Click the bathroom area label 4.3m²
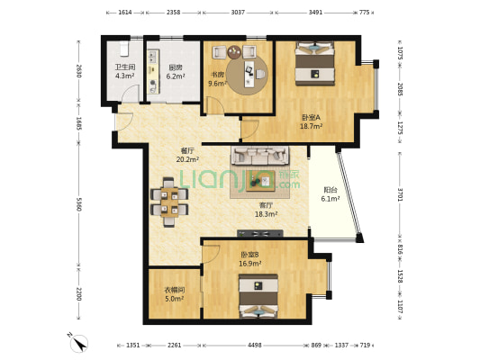tap(124, 76)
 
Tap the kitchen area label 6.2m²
tap(176, 76)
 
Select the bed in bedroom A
tap(314, 64)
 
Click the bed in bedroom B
tap(258, 296)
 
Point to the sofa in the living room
tap(260, 155)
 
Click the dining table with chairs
tap(169, 202)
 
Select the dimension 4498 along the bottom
tap(254, 346)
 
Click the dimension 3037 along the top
tap(238, 13)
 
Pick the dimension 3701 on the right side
tap(400, 194)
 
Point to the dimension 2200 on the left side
tap(79, 294)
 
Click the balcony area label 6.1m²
tap(331, 199)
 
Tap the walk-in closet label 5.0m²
tap(174, 299)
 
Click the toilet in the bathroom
tap(124, 49)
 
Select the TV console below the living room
tap(260, 233)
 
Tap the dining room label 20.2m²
tap(187, 159)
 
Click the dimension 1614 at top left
tap(125, 13)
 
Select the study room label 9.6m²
tap(217, 83)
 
